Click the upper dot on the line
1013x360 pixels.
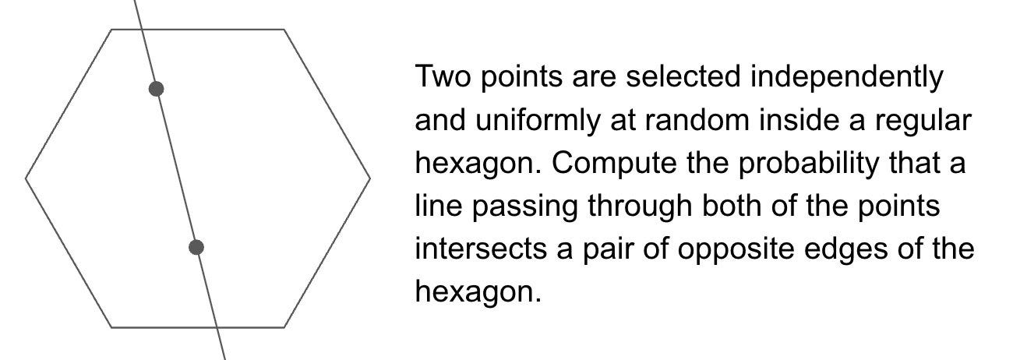tap(156, 89)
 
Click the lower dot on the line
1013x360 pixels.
tap(196, 247)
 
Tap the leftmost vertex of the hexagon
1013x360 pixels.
tap(26, 178)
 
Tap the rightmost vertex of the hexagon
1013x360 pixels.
tap(370, 178)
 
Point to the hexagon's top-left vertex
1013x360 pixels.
tap(111, 30)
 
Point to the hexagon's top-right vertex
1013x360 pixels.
tap(284, 30)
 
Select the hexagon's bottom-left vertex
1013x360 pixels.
tap(111, 327)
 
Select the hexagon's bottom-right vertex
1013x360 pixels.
tap(284, 327)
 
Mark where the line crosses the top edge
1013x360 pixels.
tap(142, 30)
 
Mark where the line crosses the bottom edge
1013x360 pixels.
tap(217, 327)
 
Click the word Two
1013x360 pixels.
tap(443, 76)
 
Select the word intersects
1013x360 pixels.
tap(481, 249)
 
